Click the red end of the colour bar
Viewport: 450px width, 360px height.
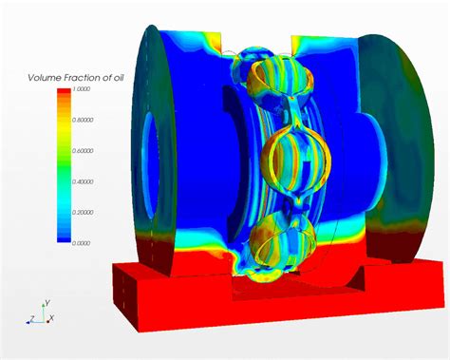65,96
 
